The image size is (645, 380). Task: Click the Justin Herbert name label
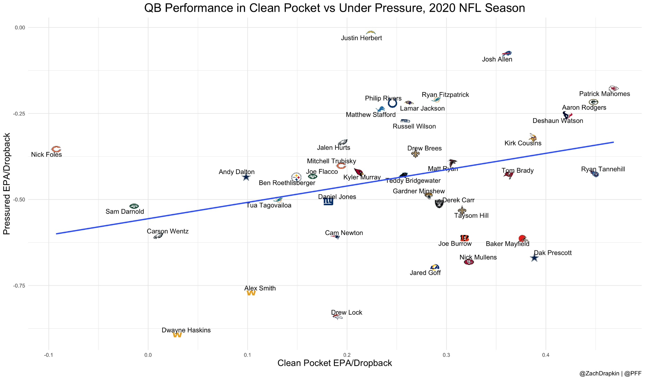point(361,38)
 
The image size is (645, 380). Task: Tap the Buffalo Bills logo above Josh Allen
point(506,53)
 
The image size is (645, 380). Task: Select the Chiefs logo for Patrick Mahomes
point(614,88)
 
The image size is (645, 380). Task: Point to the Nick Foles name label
point(46,155)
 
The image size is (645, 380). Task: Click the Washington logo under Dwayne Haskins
point(177,335)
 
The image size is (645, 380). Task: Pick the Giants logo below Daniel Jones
point(328,201)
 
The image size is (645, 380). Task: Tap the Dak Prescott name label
point(553,253)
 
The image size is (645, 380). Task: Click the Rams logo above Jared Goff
point(435,267)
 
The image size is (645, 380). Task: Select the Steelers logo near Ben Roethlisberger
point(296,177)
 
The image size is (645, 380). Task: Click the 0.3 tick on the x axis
point(446,355)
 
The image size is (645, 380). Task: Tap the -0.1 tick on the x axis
point(48,355)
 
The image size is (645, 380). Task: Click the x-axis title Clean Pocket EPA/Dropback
point(334,363)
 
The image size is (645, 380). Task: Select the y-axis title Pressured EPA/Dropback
point(7,184)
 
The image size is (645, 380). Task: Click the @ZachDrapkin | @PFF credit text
point(610,374)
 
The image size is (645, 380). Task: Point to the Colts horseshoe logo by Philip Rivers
point(392,103)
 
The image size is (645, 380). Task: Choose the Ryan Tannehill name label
point(603,169)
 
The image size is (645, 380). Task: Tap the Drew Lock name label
point(346,313)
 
